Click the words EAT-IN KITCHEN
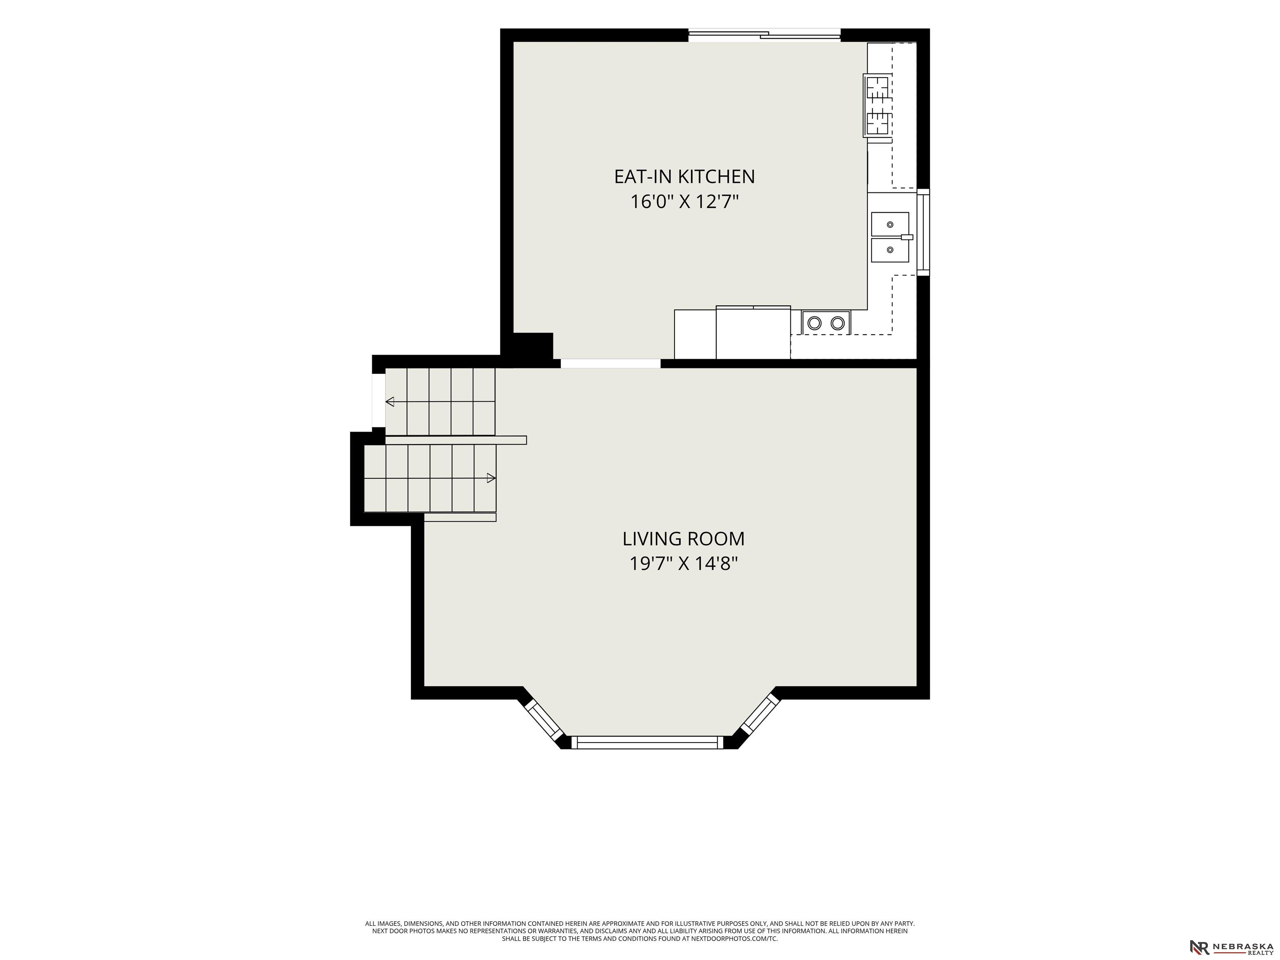pyautogui.click(x=685, y=177)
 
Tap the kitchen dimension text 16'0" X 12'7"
pyautogui.click(x=685, y=202)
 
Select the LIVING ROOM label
pyautogui.click(x=683, y=539)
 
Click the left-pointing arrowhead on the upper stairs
pyautogui.click(x=390, y=402)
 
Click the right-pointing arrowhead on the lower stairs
pyautogui.click(x=491, y=478)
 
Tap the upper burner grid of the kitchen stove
pyautogui.click(x=877, y=90)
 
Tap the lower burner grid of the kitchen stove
pyautogui.click(x=877, y=122)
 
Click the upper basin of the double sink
pyautogui.click(x=890, y=224)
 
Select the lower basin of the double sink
pyautogui.click(x=890, y=250)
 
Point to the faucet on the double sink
pyautogui.click(x=907, y=237)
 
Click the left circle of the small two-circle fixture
pyautogui.click(x=815, y=323)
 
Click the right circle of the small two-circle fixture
pyautogui.click(x=837, y=323)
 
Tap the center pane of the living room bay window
pyautogui.click(x=647, y=742)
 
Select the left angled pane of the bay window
pyautogui.click(x=544, y=720)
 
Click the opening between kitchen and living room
pyautogui.click(x=610, y=363)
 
